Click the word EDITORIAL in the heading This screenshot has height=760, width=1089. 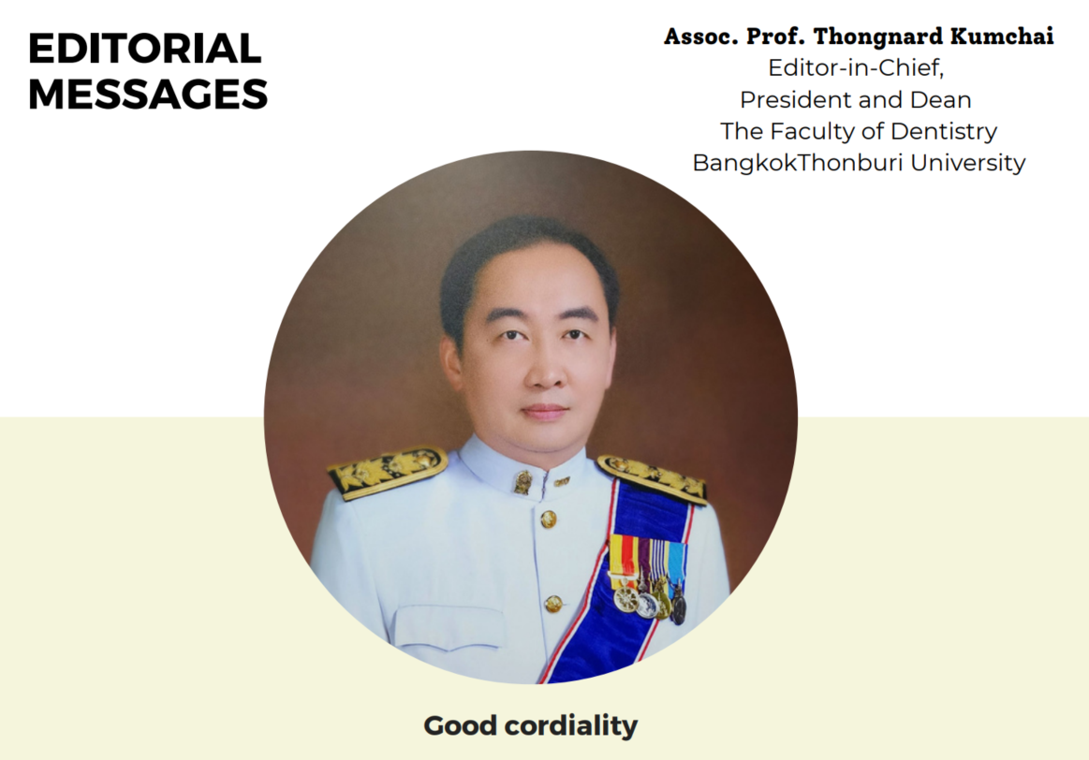pyautogui.click(x=144, y=49)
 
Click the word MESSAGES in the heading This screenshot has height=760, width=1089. pyautogui.click(x=148, y=95)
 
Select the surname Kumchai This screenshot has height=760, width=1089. pyautogui.click(x=1002, y=37)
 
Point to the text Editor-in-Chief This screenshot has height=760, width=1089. pyautogui.click(x=856, y=68)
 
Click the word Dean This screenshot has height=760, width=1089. pyautogui.click(x=940, y=100)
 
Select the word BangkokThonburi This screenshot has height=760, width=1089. pyautogui.click(x=798, y=163)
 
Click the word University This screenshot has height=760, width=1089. pyautogui.click(x=968, y=163)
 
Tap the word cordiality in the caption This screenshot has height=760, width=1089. pyautogui.click(x=571, y=726)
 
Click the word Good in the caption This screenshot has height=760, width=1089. pyautogui.click(x=461, y=726)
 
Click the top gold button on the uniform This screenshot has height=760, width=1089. pyautogui.click(x=548, y=519)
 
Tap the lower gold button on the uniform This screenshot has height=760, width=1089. pyautogui.click(x=552, y=603)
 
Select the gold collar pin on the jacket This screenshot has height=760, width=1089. pyautogui.click(x=522, y=482)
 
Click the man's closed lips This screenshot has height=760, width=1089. pyautogui.click(x=545, y=412)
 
